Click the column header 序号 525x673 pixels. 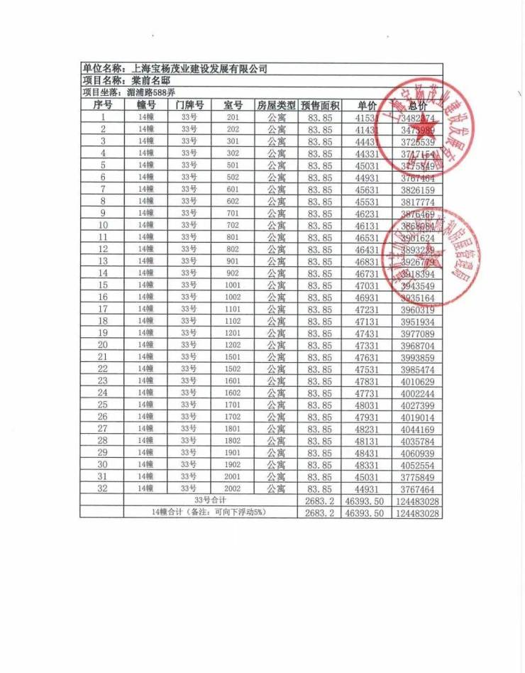click(103, 105)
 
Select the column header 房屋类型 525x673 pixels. click(276, 105)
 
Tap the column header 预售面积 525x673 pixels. click(320, 105)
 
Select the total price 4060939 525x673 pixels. click(416, 452)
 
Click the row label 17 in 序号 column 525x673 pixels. click(103, 309)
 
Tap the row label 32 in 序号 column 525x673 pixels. click(103, 488)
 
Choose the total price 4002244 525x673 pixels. click(416, 393)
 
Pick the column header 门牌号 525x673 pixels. click(189, 105)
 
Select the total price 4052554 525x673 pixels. click(416, 464)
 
